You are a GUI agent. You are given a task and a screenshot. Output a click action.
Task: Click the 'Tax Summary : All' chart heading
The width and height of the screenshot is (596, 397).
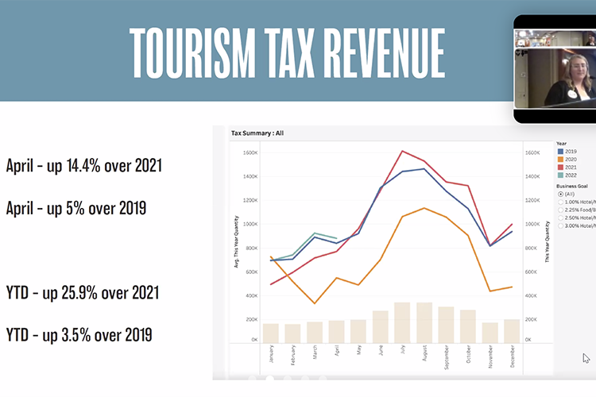(257, 133)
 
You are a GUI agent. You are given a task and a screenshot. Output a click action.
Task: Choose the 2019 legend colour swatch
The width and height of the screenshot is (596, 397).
(560, 151)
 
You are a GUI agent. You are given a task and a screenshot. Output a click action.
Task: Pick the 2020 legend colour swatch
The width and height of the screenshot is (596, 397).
(560, 159)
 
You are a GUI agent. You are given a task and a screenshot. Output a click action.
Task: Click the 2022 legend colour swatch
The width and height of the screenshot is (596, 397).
(560, 175)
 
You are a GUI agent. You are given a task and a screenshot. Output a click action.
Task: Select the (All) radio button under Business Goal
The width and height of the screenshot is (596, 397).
(561, 194)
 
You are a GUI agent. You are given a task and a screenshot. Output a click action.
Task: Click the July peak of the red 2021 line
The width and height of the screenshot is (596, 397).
(404, 151)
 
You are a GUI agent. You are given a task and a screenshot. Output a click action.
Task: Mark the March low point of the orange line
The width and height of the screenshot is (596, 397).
(315, 303)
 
